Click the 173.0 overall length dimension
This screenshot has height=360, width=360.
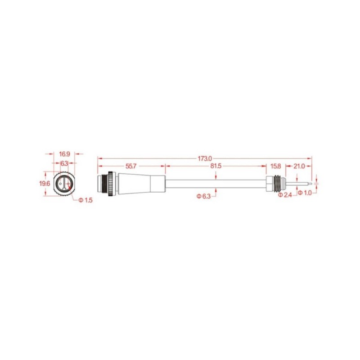coord(205,158)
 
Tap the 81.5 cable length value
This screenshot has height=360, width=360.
coord(216,166)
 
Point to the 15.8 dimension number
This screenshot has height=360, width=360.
coord(275,166)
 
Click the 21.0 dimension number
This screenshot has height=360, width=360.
coord(299,166)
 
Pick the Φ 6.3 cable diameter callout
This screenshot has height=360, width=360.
coord(204,196)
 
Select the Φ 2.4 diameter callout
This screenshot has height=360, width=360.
coord(285,195)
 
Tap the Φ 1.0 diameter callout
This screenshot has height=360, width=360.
coord(305,193)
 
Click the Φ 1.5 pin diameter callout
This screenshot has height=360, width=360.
coord(85,200)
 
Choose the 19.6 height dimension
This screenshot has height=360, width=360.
coord(44,183)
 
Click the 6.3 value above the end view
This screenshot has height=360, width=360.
coord(64,163)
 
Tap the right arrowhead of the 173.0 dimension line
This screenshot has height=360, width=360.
coord(310,158)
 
